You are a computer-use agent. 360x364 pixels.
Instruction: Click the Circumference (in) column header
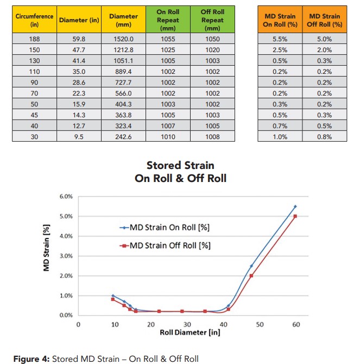tap(34, 20)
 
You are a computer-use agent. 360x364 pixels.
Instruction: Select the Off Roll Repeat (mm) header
tap(212, 20)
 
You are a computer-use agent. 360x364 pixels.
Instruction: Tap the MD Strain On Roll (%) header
tap(280, 20)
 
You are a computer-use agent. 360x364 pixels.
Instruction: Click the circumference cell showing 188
tap(34, 39)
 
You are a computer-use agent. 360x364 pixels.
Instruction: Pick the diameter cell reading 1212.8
tap(123, 49)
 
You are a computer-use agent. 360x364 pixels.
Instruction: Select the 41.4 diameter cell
tap(79, 61)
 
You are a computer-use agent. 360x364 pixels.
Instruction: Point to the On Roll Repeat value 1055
tap(168, 39)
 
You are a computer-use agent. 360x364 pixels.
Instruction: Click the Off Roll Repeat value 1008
tap(212, 137)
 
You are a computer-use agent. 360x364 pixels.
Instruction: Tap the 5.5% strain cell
tap(280, 39)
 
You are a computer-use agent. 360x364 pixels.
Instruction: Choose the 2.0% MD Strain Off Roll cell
tap(325, 49)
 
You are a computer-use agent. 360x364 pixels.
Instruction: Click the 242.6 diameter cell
tap(123, 137)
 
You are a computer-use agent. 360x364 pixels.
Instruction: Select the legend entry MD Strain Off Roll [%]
tap(165, 246)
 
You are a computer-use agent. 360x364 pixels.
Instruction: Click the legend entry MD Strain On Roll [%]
tap(165, 228)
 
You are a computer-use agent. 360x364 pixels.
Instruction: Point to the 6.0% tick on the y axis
tap(66, 196)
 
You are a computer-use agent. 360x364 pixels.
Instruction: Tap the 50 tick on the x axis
tap(260, 324)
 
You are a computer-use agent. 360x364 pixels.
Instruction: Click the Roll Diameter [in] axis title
tap(190, 332)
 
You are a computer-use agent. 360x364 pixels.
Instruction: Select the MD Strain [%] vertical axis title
tap(46, 248)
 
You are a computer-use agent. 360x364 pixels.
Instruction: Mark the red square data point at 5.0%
tap(295, 216)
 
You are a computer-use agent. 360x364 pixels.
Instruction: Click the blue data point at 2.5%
tap(251, 266)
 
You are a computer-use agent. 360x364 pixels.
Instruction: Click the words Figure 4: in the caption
tap(31, 359)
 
